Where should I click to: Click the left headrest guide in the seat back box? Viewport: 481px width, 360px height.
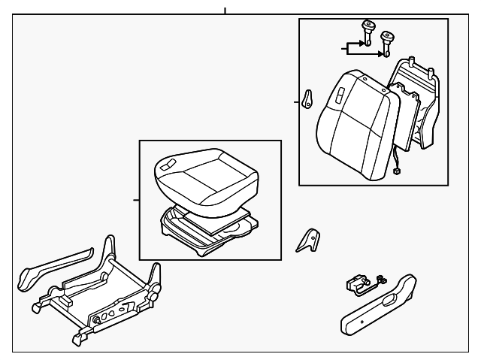(x=368, y=30)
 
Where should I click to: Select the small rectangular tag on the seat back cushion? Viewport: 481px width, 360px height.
(x=340, y=95)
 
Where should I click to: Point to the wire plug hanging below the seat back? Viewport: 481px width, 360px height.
(x=396, y=171)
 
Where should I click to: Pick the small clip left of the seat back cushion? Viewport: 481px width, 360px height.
(x=307, y=100)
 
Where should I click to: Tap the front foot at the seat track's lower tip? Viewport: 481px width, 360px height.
(x=77, y=341)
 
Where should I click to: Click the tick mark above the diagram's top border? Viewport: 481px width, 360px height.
(x=224, y=11)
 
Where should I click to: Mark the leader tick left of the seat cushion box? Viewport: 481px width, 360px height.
(x=135, y=201)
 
